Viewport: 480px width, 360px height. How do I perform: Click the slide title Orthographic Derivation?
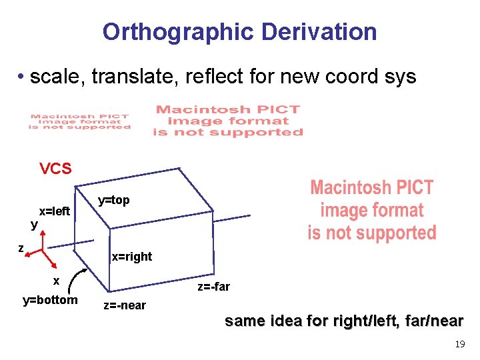click(239, 31)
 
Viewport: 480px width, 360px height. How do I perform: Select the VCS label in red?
click(55, 169)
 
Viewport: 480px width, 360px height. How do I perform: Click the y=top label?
click(113, 200)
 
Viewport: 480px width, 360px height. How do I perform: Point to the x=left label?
click(54, 212)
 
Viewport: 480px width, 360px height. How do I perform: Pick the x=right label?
click(131, 257)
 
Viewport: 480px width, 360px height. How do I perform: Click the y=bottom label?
click(50, 300)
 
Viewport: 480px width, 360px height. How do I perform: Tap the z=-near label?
click(125, 306)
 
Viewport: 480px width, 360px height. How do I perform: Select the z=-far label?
click(213, 287)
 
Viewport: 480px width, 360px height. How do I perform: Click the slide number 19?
click(459, 345)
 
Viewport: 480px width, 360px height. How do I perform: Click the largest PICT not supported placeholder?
click(371, 210)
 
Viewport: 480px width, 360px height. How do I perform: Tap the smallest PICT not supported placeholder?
click(79, 122)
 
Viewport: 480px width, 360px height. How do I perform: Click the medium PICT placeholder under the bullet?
click(227, 121)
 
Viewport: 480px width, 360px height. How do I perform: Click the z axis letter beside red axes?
click(21, 248)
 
